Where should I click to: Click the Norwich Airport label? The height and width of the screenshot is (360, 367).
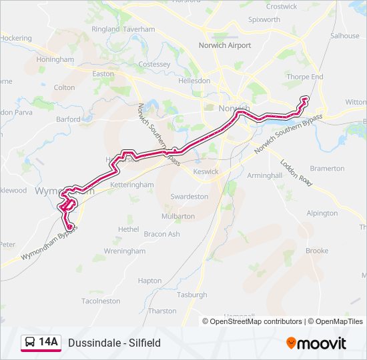(224, 45)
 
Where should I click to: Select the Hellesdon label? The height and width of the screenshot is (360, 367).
(194, 80)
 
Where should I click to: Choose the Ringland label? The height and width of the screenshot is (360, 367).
(105, 30)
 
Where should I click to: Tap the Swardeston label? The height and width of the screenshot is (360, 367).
(189, 197)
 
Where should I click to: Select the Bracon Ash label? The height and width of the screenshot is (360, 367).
(162, 234)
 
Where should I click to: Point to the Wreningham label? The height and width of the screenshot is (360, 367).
(124, 251)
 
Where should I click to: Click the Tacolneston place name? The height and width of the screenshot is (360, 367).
(101, 301)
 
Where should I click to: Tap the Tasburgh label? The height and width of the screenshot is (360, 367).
(192, 295)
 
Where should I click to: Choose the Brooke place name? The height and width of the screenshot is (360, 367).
(317, 251)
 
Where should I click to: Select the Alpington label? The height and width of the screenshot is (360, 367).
(322, 213)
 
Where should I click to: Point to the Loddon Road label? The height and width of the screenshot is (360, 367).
(296, 172)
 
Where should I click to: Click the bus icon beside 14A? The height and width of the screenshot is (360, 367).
(30, 343)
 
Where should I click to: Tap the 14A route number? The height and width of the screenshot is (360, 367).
(49, 343)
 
